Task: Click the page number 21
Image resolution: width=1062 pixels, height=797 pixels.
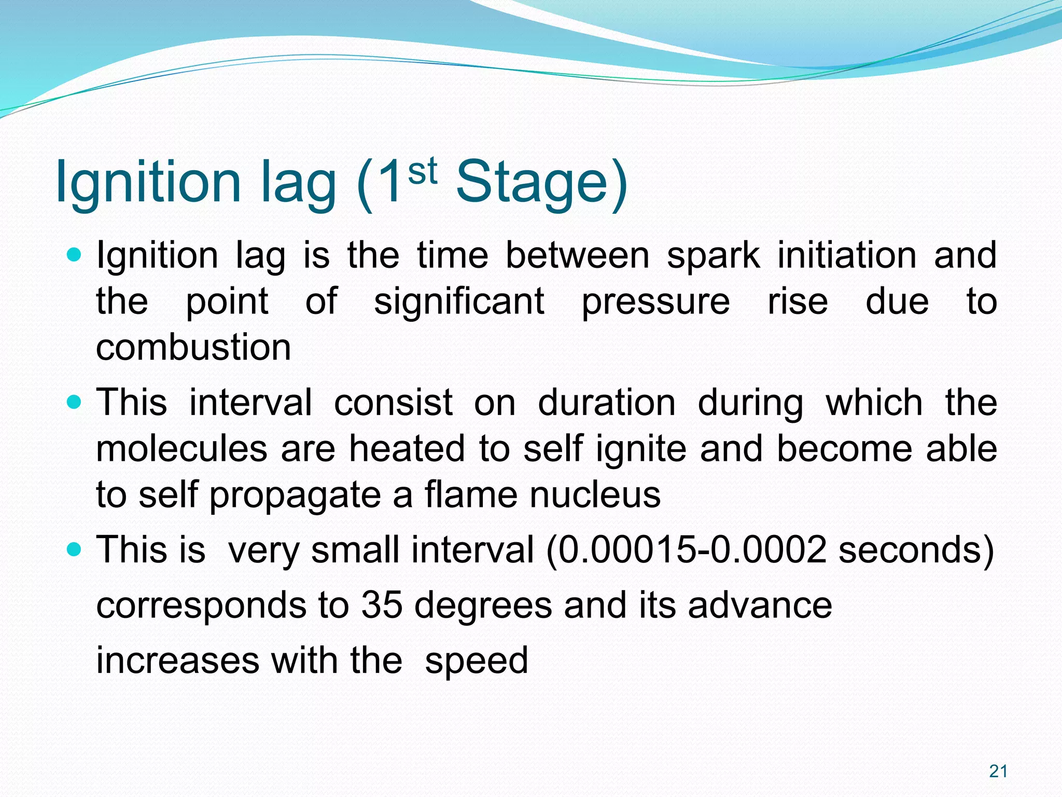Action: click(x=998, y=772)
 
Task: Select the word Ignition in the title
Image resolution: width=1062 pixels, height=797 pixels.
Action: click(x=148, y=182)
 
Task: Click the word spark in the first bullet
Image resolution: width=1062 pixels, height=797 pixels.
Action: click(x=713, y=256)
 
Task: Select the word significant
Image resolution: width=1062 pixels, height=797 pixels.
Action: click(x=459, y=301)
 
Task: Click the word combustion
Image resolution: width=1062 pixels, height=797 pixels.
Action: click(x=193, y=347)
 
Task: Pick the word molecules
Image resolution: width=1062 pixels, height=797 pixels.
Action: click(x=181, y=449)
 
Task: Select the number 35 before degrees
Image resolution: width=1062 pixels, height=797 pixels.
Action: click(x=382, y=605)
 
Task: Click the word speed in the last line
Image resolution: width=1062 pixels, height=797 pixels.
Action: click(x=476, y=661)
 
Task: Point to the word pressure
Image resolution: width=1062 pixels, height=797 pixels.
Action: click(x=655, y=303)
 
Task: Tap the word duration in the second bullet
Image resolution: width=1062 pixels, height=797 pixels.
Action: click(x=607, y=403)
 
